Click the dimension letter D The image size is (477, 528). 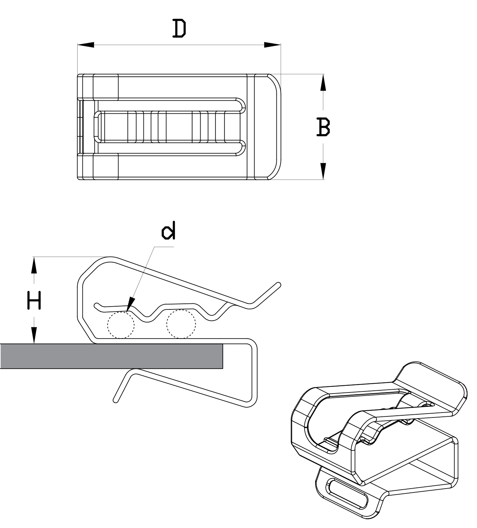click(179, 28)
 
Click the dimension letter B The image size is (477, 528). click(323, 127)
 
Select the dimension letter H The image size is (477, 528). click(34, 300)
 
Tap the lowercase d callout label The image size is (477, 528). click(169, 230)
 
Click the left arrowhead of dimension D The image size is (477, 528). click(86, 45)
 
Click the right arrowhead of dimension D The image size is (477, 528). click(273, 45)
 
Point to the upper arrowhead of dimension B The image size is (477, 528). click(323, 82)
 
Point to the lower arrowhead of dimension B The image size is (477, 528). click(323, 171)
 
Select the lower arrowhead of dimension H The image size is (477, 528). click(34, 335)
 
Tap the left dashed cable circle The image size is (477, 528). click(121, 325)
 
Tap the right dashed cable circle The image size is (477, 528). click(181, 324)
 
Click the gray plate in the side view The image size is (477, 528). click(111, 356)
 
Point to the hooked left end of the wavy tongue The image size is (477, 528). click(97, 306)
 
